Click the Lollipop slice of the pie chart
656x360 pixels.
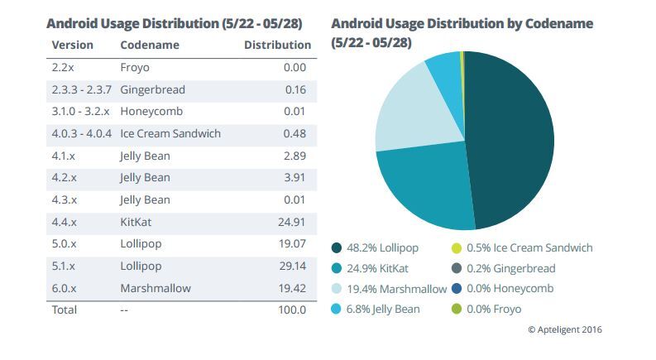(x=513, y=141)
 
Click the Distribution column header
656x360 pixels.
(x=277, y=45)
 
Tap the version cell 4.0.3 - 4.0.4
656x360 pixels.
(x=81, y=133)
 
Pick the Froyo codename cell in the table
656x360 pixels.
(x=135, y=68)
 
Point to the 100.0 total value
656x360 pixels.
(x=292, y=310)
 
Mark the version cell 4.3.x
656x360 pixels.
(x=65, y=199)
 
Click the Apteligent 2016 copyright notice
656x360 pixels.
(x=565, y=329)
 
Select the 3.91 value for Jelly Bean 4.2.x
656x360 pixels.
(x=295, y=178)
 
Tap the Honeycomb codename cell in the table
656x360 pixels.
(x=151, y=112)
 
